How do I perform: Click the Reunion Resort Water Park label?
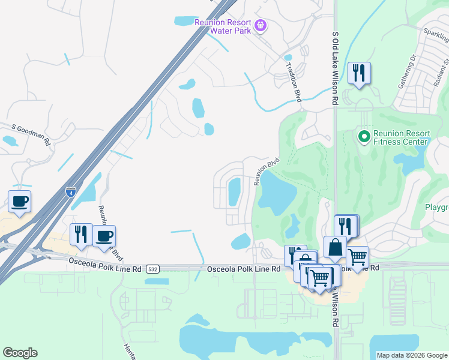[221, 26]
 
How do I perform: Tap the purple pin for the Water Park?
[261, 26]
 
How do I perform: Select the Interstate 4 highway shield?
[71, 193]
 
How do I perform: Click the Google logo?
[20, 353]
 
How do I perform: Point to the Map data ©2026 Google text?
[412, 355]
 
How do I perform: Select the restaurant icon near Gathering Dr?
[359, 74]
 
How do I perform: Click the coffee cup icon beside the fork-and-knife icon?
[104, 236]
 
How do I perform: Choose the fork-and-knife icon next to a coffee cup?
[81, 234]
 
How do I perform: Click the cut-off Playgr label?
[436, 208]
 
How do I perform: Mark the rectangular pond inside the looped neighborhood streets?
[234, 191]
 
